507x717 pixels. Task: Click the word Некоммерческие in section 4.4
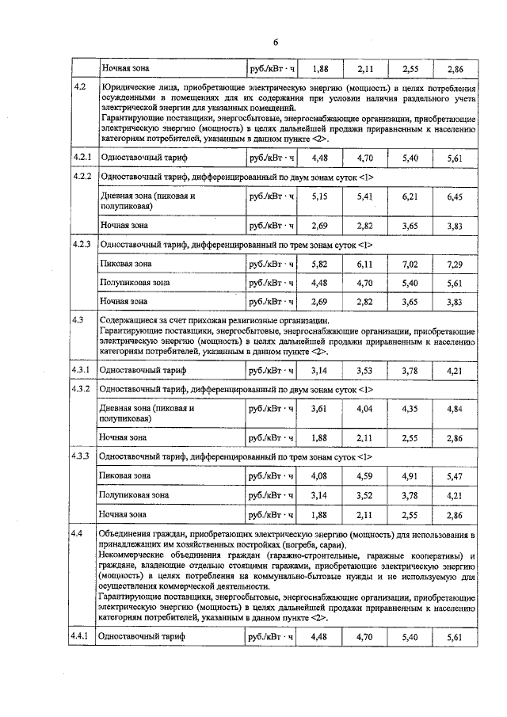(x=134, y=557)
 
